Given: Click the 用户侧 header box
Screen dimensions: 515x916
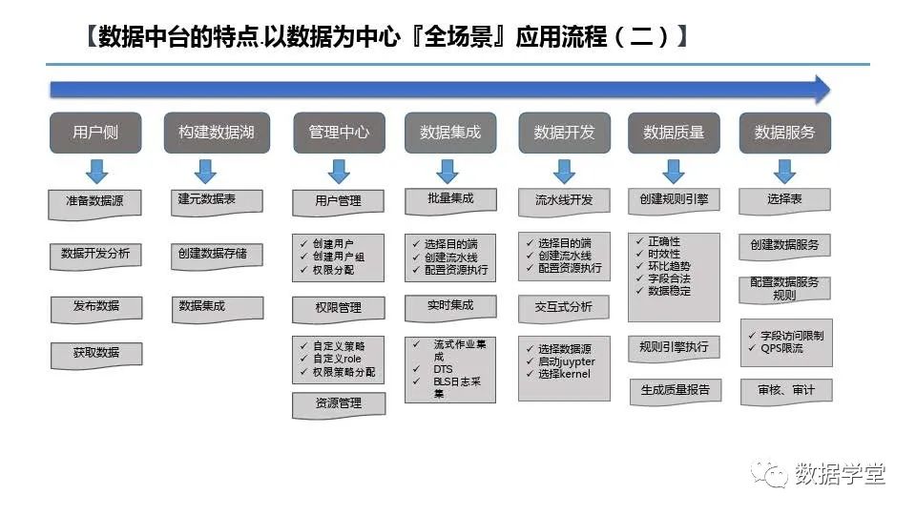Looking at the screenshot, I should pos(95,133).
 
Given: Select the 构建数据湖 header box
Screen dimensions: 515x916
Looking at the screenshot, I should pos(217,133).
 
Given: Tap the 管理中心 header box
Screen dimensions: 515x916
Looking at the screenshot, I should pos(339,133).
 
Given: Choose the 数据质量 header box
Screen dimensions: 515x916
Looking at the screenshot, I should pos(674,133).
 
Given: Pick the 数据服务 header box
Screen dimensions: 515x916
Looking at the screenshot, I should pos(784,133).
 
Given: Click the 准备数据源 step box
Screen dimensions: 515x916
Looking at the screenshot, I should pos(95,202).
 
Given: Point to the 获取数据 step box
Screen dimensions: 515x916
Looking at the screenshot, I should pos(95,353).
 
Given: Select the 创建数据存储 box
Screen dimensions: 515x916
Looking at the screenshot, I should pos(212,254).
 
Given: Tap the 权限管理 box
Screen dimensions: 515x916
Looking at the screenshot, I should pos(338,308).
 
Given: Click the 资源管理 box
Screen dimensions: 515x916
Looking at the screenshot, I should pos(338,403).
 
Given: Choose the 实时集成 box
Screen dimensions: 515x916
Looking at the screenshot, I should pos(450,305).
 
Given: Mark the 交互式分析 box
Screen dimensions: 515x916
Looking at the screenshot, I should pos(563,307).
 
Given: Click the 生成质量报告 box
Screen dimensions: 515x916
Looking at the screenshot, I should pos(675,389).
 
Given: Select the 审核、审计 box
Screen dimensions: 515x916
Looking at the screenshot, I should pos(785,390).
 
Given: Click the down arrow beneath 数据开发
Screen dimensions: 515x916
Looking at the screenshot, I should pos(564,171).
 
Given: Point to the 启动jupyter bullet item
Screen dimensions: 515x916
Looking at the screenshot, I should pos(566,361).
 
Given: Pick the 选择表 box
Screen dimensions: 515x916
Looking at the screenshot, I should pos(784,200).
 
